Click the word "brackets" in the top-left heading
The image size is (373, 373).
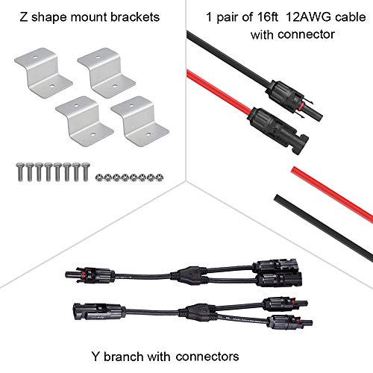[135, 17]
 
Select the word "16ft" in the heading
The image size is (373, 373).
[264, 17]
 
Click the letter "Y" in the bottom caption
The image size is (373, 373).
[95, 356]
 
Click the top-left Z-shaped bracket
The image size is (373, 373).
[43, 73]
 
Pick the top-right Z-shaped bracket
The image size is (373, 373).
[107, 73]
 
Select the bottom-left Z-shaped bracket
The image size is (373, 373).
[84, 121]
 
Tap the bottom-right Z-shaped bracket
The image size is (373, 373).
[140, 121]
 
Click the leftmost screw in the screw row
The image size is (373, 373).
[20, 172]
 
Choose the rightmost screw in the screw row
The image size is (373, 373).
[85, 172]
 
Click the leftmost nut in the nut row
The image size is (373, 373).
[99, 178]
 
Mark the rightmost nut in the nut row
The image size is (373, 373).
[159, 178]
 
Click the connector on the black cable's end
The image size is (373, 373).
[294, 100]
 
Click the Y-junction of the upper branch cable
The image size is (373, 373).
[189, 275]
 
